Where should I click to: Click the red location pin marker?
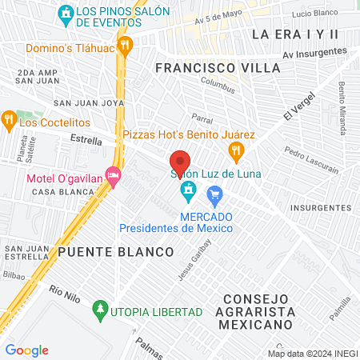click(180, 161)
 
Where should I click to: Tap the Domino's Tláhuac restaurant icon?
click(124, 46)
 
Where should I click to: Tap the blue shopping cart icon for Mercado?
click(214, 194)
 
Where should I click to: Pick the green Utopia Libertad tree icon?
click(100, 308)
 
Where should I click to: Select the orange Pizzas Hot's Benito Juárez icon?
click(235, 150)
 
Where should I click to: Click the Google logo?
click(26, 350)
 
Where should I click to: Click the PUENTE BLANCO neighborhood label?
click(116, 252)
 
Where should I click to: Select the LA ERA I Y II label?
click(294, 34)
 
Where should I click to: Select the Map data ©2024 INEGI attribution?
click(312, 354)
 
